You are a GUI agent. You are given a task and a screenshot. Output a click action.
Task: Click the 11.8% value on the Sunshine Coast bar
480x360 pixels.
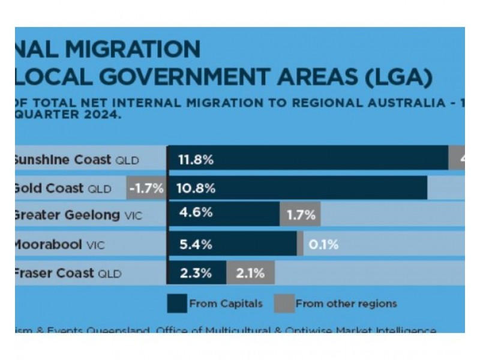click(196, 160)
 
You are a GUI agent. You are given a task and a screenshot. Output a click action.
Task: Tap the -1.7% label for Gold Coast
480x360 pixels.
click(146, 188)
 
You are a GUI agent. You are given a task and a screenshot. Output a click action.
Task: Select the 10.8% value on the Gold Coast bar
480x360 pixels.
click(196, 188)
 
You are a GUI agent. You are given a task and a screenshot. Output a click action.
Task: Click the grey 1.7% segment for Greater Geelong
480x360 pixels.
click(301, 215)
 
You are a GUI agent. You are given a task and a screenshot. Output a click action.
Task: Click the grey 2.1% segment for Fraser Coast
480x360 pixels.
click(250, 273)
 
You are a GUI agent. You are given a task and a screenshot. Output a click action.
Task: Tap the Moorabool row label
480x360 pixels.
click(58, 244)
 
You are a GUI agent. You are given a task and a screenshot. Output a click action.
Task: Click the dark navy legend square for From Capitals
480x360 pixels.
click(177, 303)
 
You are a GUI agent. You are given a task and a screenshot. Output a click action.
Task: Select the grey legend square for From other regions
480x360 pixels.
click(284, 303)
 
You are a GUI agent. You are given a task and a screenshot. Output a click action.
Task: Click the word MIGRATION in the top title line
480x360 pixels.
click(139, 49)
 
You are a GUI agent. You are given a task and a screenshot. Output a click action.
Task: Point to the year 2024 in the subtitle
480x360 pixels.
click(106, 114)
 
